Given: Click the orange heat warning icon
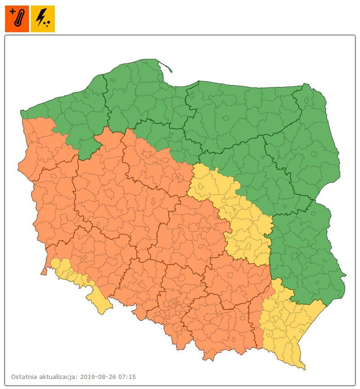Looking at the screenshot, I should click(x=17, y=19).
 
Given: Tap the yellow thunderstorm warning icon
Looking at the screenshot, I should click(x=43, y=19).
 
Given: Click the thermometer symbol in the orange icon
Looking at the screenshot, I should click(x=19, y=21).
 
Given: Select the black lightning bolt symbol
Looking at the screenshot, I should click(x=41, y=17).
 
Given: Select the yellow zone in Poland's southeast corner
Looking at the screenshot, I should click(x=285, y=322).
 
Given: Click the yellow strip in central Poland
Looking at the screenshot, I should click(x=235, y=212).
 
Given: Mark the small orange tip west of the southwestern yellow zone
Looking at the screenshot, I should click(x=44, y=272).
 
